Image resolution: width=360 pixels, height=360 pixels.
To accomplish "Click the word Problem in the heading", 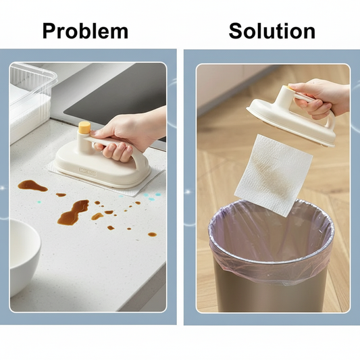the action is (x=85, y=31).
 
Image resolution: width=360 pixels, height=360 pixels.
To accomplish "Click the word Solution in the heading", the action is (x=272, y=31).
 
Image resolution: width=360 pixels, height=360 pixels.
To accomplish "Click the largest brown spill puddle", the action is (x=73, y=213).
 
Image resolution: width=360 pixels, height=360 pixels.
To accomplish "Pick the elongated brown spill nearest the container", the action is (x=32, y=186).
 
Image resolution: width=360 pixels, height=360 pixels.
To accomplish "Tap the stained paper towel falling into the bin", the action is (x=274, y=176).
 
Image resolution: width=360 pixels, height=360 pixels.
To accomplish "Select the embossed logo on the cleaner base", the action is (x=88, y=171).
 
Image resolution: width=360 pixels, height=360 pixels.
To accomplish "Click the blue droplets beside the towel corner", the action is (x=151, y=197).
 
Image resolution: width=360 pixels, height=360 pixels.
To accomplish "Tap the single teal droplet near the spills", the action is (x=39, y=202).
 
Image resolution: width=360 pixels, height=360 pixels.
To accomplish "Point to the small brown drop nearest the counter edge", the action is (x=152, y=234).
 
